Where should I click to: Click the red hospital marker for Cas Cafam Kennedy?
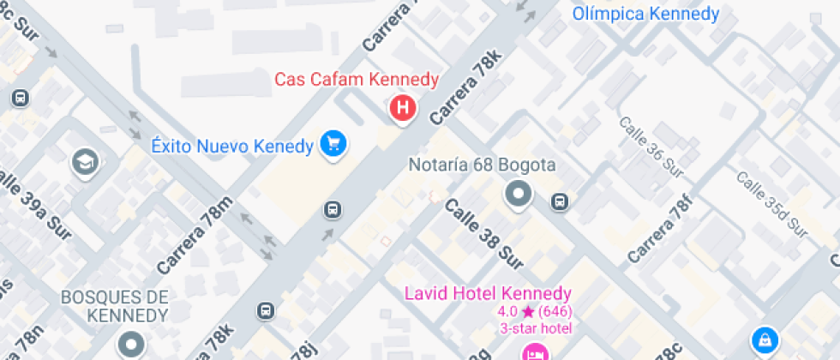(402, 108)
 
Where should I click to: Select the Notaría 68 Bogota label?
(482, 165)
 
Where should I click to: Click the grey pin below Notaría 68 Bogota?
(518, 195)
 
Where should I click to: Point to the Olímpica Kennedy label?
(645, 14)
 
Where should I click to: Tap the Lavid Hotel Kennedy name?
(488, 294)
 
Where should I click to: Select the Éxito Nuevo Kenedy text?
(231, 147)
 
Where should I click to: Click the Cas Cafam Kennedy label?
(357, 80)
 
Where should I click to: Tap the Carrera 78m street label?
(195, 234)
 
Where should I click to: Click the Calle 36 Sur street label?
(651, 147)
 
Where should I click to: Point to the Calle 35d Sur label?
(772, 202)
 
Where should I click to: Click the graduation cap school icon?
(85, 162)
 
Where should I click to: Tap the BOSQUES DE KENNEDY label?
(115, 306)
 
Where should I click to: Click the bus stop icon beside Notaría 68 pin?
(559, 202)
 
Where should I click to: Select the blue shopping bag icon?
(762, 340)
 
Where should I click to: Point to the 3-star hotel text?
(535, 327)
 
